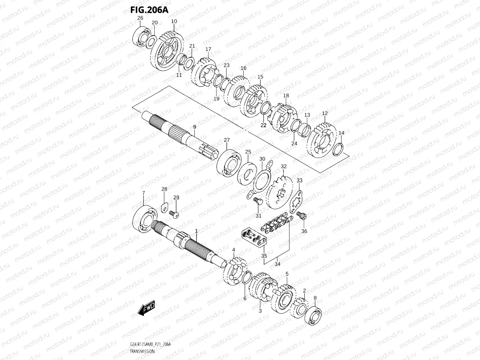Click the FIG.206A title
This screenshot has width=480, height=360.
click(x=149, y=9)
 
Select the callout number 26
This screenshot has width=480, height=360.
click(x=140, y=18)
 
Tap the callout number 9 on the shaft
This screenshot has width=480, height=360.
click(x=194, y=127)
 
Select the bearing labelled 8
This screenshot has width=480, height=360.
click(x=314, y=316)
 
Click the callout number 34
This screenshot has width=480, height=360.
click(x=277, y=264)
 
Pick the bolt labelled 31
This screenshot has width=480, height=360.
click(x=257, y=201)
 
